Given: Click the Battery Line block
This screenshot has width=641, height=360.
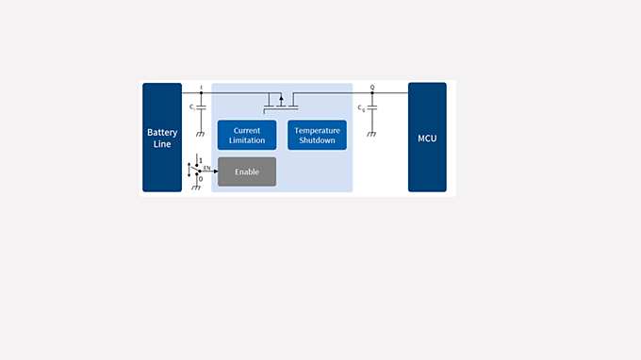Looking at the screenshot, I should (x=162, y=137).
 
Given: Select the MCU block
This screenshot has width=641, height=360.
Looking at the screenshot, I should (x=427, y=138).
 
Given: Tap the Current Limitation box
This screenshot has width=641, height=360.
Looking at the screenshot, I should (x=247, y=135).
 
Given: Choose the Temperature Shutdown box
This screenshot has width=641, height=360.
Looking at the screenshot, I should (x=317, y=135).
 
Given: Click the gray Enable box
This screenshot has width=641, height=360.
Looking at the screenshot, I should (x=247, y=172).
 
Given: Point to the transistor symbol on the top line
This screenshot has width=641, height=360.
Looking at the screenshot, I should (x=280, y=99).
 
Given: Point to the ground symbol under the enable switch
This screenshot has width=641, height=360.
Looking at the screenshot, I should (x=196, y=187).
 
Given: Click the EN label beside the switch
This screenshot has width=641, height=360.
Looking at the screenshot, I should (x=206, y=167).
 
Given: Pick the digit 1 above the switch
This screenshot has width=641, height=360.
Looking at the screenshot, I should (x=201, y=160).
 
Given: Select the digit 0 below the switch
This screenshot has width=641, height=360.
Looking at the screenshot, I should (x=201, y=179).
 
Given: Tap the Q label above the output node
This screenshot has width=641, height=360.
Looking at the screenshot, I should (x=372, y=87).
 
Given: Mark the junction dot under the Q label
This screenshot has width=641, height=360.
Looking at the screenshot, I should (x=372, y=93).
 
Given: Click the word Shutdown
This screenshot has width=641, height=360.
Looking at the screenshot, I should (x=317, y=140).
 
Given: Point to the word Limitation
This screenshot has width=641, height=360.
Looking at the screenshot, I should (x=247, y=140).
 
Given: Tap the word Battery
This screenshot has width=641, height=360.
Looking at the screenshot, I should (x=162, y=133).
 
